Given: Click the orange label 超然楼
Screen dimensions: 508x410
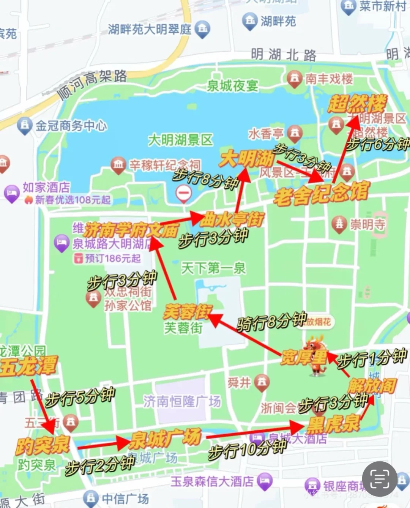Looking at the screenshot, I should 357,103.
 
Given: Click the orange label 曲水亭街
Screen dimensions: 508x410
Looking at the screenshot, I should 232,219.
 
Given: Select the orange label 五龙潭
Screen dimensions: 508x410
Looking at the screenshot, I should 28,366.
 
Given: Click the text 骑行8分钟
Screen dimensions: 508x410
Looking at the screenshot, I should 271,322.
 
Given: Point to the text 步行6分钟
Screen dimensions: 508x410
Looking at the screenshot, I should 378,144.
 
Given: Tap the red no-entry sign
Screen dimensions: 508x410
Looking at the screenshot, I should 184,193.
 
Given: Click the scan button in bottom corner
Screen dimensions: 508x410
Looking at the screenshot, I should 379,479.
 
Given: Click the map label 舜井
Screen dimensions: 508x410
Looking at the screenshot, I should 239,383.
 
